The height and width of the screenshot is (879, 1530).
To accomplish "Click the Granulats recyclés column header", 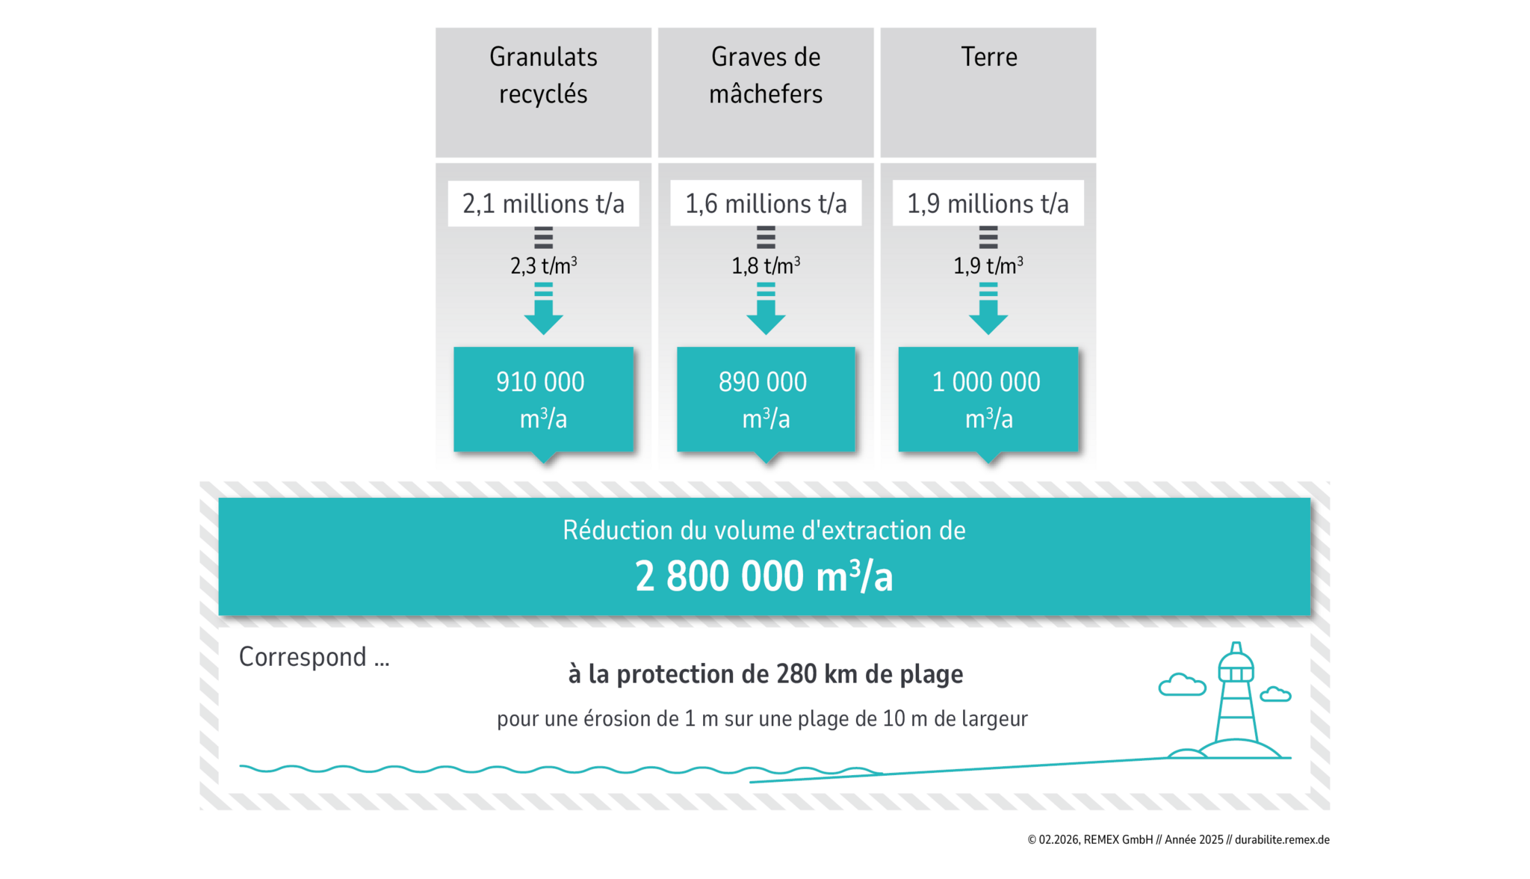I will click(x=543, y=75).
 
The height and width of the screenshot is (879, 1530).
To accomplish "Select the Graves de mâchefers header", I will click(x=766, y=75).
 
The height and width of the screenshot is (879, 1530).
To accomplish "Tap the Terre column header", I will click(x=988, y=58).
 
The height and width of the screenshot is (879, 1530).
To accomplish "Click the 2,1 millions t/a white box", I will click(x=543, y=203).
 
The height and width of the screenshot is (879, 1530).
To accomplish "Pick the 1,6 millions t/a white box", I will click(x=766, y=203).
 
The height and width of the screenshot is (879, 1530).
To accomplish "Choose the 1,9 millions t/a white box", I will click(x=988, y=203).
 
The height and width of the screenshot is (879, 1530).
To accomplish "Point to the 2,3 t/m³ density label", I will click(x=543, y=265).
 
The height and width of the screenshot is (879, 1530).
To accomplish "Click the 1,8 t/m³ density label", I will click(x=766, y=265).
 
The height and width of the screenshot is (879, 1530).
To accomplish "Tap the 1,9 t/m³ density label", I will click(x=988, y=265).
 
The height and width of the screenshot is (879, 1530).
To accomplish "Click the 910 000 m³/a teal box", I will click(x=543, y=399).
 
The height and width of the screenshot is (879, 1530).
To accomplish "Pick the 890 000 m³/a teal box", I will click(x=766, y=399).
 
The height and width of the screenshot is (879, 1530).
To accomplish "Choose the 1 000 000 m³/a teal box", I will click(x=988, y=399).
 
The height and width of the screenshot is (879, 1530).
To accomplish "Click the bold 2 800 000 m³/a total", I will click(x=764, y=577).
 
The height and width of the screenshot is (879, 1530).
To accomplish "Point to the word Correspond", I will click(x=303, y=657).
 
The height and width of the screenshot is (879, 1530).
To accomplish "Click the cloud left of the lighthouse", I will click(x=1182, y=685).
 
